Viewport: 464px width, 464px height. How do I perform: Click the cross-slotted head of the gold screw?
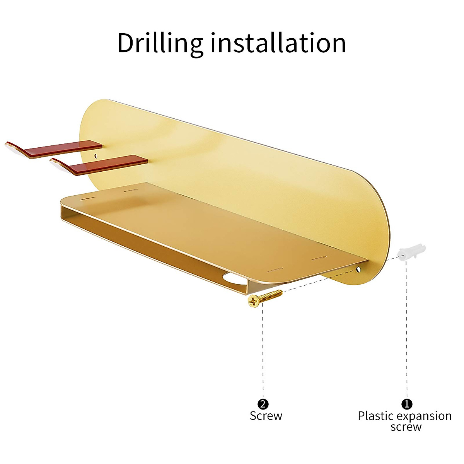(254, 300)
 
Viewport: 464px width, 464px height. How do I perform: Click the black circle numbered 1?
(406, 404)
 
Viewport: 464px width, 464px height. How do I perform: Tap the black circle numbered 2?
(263, 404)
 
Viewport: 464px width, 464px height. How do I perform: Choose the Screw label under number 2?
(266, 416)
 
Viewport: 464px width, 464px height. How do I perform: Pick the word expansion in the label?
(426, 416)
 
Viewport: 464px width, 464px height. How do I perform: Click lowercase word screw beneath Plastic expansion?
(406, 427)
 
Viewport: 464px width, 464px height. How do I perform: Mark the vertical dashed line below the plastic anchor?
(406, 329)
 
